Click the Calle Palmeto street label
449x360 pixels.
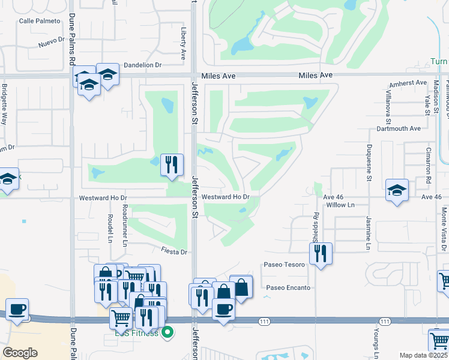(x=40, y=21)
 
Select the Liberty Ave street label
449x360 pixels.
(x=183, y=42)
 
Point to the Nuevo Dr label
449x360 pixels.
(x=51, y=43)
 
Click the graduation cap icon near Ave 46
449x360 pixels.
(x=397, y=191)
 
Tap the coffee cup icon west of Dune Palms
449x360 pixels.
(x=17, y=310)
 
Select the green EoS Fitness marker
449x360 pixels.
(x=168, y=331)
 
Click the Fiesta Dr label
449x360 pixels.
(x=174, y=252)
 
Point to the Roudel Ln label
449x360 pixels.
(x=110, y=230)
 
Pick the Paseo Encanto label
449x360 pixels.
(x=289, y=287)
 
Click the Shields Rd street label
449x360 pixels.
(x=315, y=223)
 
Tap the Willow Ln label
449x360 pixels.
(x=341, y=205)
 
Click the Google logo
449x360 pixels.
(x=20, y=353)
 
